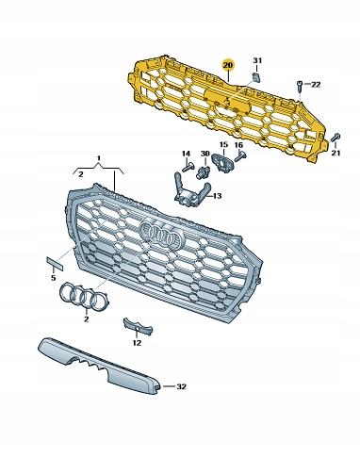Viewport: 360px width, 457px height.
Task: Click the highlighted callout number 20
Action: [x=228, y=65]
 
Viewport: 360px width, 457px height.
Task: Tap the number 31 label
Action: [x=257, y=60]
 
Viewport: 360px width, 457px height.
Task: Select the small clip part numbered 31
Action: [x=256, y=76]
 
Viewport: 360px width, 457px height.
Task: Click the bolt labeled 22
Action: [x=300, y=86]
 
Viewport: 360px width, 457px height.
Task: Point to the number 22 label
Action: [x=316, y=85]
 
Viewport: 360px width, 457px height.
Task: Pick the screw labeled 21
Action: [x=335, y=138]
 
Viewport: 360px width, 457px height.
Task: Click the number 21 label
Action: [x=336, y=153]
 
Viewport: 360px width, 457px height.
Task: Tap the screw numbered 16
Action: [x=240, y=156]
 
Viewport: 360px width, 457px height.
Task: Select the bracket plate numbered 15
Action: [x=223, y=162]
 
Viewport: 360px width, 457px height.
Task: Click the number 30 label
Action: [x=205, y=154]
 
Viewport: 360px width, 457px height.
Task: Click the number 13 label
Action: [x=217, y=196]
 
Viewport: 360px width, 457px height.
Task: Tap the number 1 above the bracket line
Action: [x=98, y=157]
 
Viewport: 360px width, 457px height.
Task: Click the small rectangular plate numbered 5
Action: [x=56, y=264]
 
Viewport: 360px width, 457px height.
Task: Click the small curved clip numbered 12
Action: [x=138, y=327]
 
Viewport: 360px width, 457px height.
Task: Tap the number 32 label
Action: [x=181, y=386]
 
